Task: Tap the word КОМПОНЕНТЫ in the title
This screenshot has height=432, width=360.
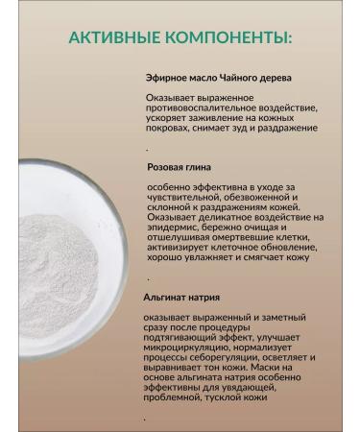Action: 228,38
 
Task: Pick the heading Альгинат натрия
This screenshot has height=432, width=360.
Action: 177,297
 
